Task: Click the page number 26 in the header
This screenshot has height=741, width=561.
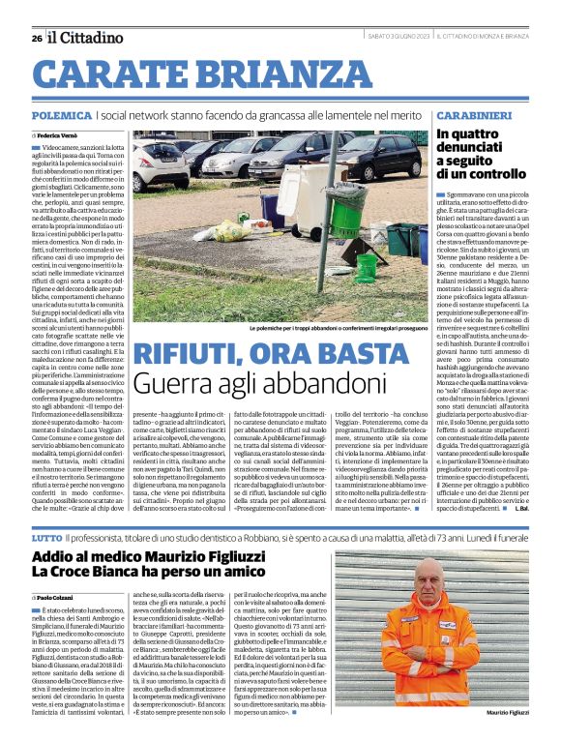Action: [37, 38]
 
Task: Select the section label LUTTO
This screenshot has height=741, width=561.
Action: [46, 509]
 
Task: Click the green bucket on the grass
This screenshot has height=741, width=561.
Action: [368, 267]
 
